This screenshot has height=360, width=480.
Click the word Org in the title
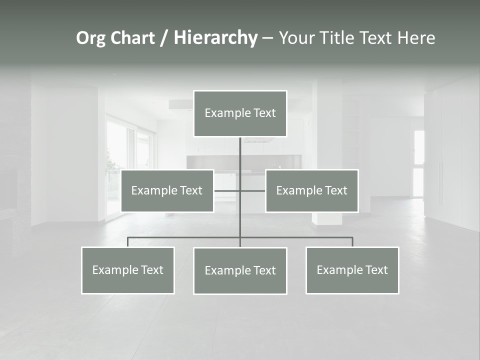[91, 38]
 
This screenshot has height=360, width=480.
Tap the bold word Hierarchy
[215, 38]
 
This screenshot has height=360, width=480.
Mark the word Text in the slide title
[375, 38]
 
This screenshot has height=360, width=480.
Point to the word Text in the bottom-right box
[376, 270]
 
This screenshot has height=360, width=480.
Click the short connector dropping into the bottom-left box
[128, 242]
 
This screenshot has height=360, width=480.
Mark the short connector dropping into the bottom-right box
[352, 242]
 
